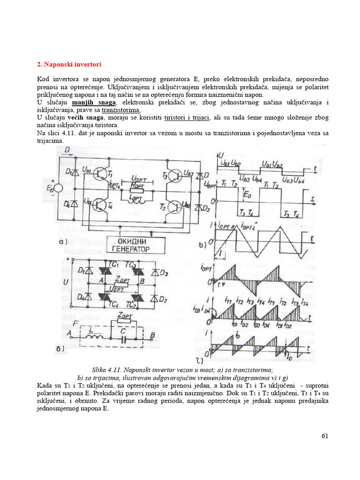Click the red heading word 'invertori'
click(x=86, y=64)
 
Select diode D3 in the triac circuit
click(x=155, y=272)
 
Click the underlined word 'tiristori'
click(x=176, y=117)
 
